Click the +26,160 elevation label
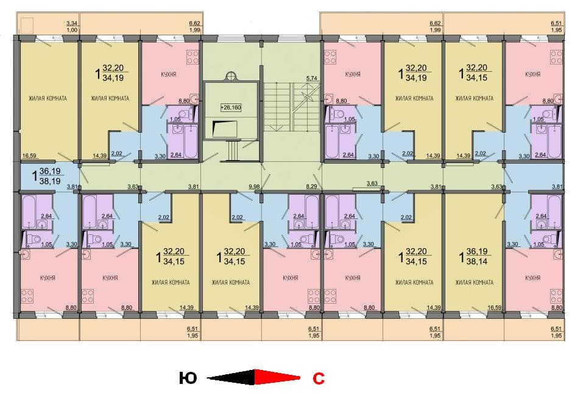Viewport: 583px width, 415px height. tap(231, 108)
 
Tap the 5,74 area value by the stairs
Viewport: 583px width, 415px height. tap(311, 78)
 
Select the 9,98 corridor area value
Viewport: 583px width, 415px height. tap(254, 187)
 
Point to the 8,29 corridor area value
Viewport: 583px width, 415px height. tap(311, 187)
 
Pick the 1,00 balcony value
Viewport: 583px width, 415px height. tap(72, 30)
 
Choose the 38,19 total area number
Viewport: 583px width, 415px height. tap(50, 181)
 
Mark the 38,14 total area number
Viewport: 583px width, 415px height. tap(477, 261)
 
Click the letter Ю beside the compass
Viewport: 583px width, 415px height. tap(188, 378)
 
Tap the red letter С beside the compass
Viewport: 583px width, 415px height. tap(319, 378)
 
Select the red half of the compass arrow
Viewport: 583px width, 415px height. tap(277, 377)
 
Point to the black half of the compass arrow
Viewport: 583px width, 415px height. tap(230, 377)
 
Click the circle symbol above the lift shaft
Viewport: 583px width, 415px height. tap(230, 77)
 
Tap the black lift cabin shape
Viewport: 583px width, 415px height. tap(225, 129)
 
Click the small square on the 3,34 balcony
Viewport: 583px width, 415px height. tap(27, 26)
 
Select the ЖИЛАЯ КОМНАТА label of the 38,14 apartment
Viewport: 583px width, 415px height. tap(474, 282)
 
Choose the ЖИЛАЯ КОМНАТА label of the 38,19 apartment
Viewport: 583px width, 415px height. tap(48, 99)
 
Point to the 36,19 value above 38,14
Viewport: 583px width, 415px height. tap(477, 251)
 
